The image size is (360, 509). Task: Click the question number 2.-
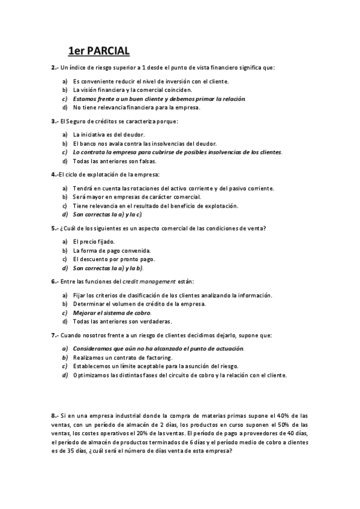55,67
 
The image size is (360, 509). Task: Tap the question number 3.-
55,121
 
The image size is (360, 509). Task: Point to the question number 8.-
55,415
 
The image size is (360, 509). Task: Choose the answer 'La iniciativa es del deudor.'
109,134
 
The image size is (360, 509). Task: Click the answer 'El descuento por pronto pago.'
113,259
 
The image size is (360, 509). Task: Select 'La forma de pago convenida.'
112,250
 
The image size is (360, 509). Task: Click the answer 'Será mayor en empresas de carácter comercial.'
137,197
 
